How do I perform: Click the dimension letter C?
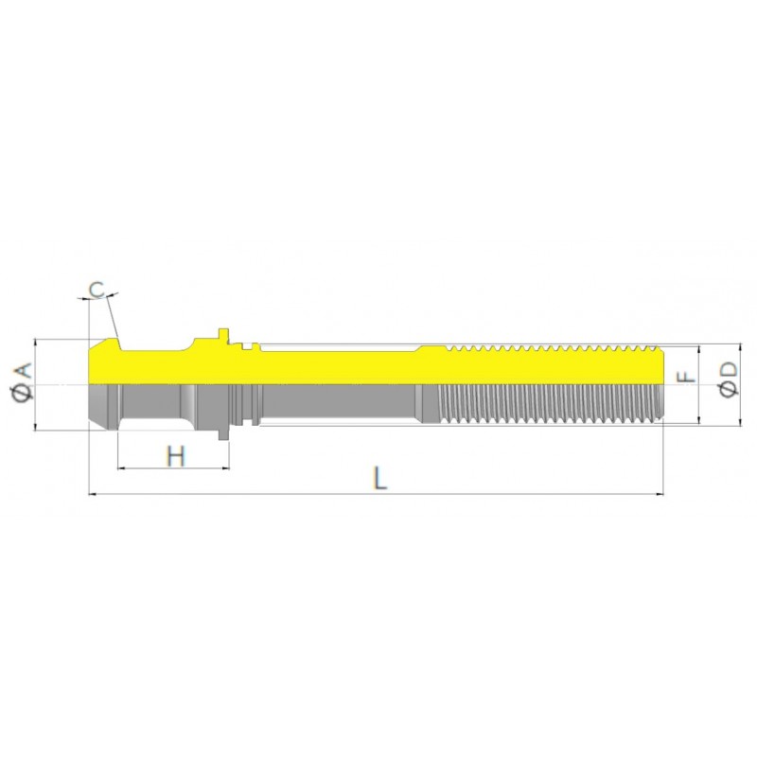click(97, 290)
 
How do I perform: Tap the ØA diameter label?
click(24, 381)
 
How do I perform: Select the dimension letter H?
click(176, 456)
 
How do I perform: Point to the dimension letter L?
click(381, 479)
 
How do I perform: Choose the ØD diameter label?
click(729, 379)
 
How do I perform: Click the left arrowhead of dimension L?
click(92, 494)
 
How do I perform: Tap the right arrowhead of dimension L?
click(660, 494)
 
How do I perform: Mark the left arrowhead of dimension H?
click(121, 467)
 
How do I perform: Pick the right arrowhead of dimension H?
click(225, 467)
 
